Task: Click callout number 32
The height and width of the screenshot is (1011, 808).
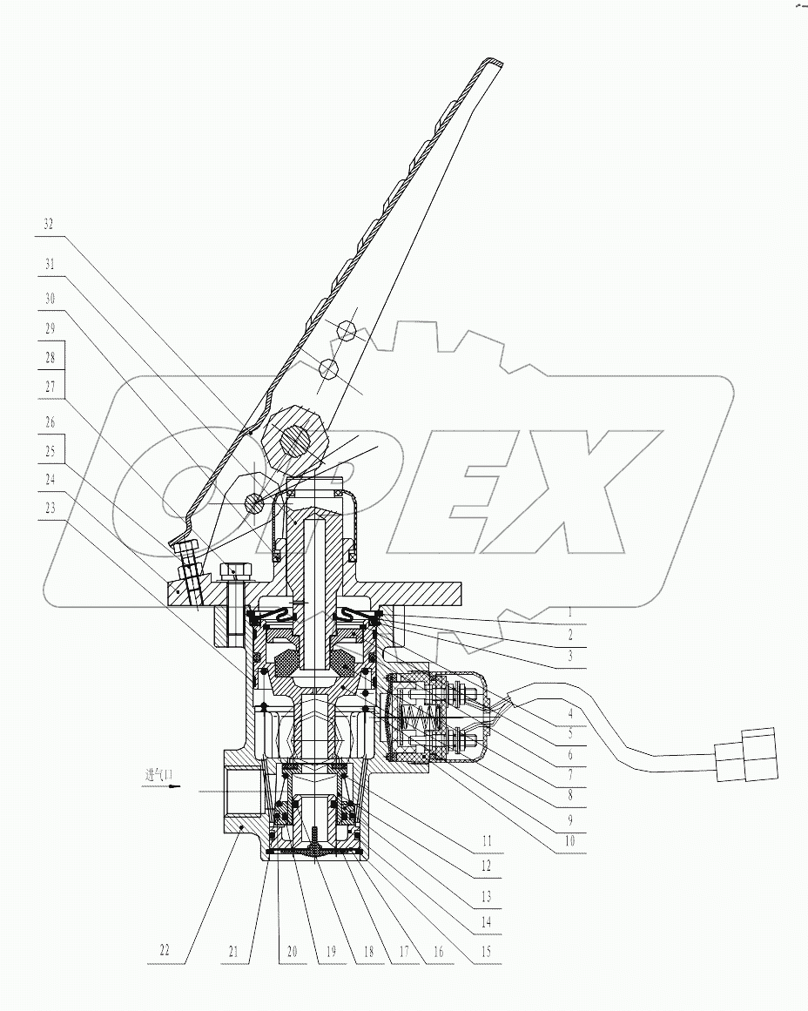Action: coord(49,224)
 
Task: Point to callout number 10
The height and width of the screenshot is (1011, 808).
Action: coord(570,841)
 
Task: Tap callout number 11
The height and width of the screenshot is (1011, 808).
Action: coord(487,841)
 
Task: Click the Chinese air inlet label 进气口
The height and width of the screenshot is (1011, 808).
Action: coord(160,773)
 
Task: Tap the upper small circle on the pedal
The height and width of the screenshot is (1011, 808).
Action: coord(347,330)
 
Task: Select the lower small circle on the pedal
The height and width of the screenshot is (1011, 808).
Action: coord(328,370)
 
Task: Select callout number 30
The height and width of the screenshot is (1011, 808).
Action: coord(49,297)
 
